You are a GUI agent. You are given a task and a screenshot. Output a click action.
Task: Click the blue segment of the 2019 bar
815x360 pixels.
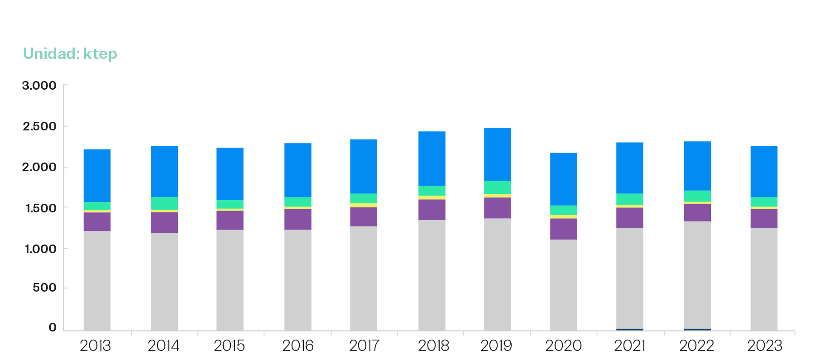497,154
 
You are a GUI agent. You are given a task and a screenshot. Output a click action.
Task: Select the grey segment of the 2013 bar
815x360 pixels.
97,280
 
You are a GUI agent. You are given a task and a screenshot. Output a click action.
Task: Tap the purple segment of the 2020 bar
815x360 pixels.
563,229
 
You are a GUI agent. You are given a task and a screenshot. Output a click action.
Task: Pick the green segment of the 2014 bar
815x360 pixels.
164,203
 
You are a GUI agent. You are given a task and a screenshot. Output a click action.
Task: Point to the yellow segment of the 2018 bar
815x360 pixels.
431,197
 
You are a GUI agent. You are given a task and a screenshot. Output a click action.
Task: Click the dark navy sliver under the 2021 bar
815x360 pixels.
629,329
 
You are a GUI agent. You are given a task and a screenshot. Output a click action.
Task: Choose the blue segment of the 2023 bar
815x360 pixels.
764,171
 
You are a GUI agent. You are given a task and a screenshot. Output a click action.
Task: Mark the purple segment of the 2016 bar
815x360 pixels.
297,219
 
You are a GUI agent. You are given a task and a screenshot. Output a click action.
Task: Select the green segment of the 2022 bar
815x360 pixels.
697,196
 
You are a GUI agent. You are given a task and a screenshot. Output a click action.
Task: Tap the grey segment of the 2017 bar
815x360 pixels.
363,278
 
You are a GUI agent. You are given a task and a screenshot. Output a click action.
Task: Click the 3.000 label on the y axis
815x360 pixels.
39,86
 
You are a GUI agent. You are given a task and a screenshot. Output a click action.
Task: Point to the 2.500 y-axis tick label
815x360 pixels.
39,126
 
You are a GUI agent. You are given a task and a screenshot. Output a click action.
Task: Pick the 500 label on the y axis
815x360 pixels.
44,288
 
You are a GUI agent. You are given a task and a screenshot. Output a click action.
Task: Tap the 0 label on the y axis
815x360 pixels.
53,327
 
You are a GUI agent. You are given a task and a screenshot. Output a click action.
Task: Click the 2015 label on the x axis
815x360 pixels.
229,346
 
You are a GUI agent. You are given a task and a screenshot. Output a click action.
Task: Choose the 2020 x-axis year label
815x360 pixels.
563,346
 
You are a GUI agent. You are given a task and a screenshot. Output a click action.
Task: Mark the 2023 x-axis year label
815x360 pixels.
764,346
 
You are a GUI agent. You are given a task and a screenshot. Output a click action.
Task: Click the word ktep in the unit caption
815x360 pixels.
100,54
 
